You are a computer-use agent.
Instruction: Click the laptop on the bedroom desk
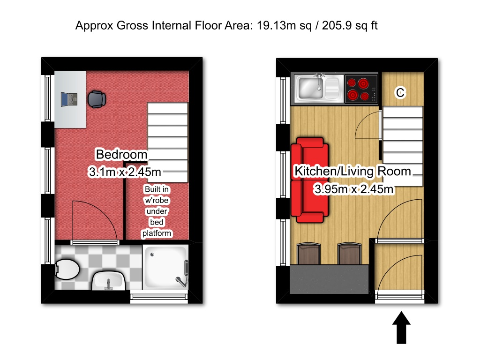[68, 99]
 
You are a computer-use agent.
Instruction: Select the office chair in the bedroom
[97, 99]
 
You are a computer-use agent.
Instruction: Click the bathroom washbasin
[108, 281]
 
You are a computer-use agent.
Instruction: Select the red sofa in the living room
[309, 180]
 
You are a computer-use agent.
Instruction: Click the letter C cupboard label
[400, 93]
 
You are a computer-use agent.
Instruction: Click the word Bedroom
[121, 154]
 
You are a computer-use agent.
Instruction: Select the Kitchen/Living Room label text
[352, 172]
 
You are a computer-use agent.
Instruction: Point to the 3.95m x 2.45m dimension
[353, 189]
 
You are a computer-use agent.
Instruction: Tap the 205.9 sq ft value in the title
[349, 26]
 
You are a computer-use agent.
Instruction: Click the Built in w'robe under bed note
[157, 211]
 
